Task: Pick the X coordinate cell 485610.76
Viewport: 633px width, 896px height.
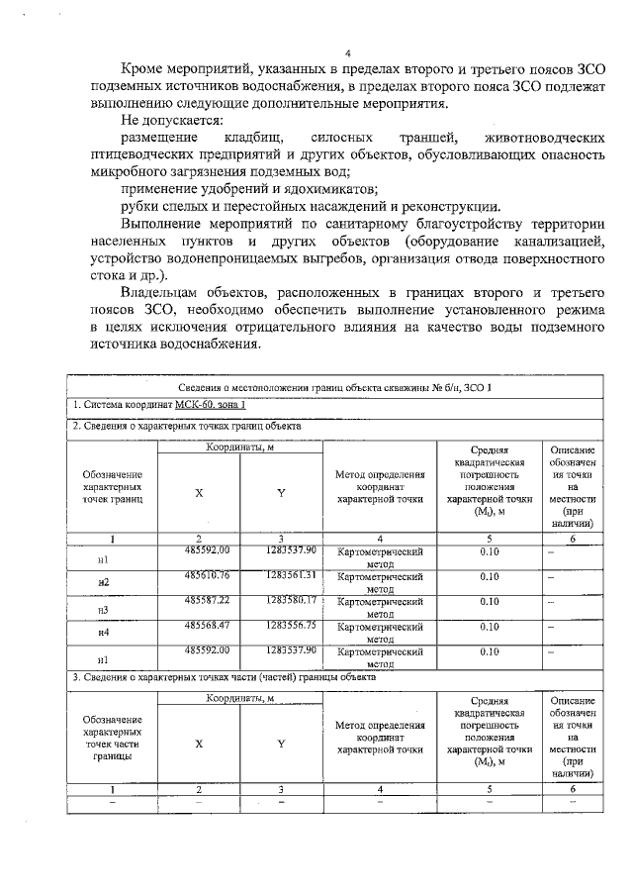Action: [x=199, y=575]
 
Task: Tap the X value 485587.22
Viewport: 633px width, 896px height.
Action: [x=199, y=600]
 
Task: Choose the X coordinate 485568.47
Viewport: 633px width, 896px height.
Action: [x=199, y=626]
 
